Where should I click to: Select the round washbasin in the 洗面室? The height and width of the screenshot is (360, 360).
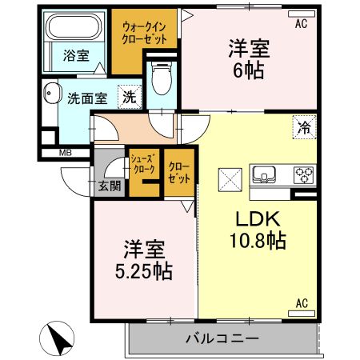click(x=50, y=92)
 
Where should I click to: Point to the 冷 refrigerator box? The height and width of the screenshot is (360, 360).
click(x=305, y=127)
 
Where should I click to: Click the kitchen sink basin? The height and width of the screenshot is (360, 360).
click(x=265, y=174)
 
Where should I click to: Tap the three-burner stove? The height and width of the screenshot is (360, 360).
click(x=305, y=174)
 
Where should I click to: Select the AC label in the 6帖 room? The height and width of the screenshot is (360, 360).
click(x=301, y=23)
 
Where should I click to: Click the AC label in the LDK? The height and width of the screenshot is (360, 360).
click(x=302, y=303)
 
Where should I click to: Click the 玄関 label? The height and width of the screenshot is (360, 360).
click(x=110, y=186)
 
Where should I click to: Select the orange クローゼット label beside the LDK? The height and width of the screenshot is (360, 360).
click(x=178, y=171)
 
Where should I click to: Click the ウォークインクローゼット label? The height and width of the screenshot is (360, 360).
click(x=145, y=32)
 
